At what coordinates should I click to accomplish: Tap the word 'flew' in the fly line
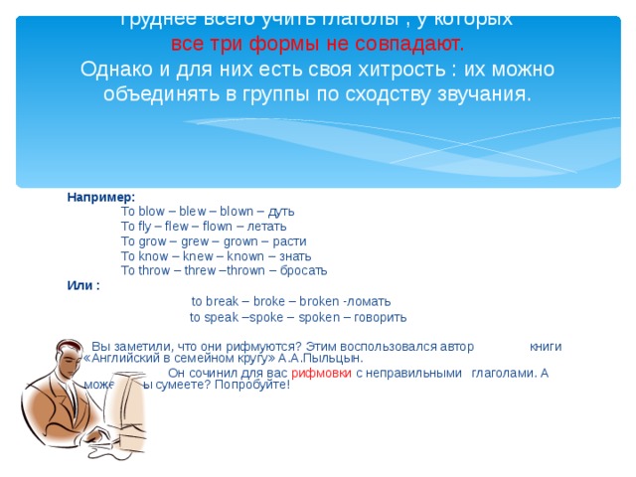(173, 227)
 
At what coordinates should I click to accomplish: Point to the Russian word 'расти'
(289, 241)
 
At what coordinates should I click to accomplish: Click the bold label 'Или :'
(83, 286)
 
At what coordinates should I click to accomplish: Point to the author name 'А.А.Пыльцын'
(328, 359)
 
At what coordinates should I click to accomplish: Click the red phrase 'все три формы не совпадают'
(317, 45)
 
